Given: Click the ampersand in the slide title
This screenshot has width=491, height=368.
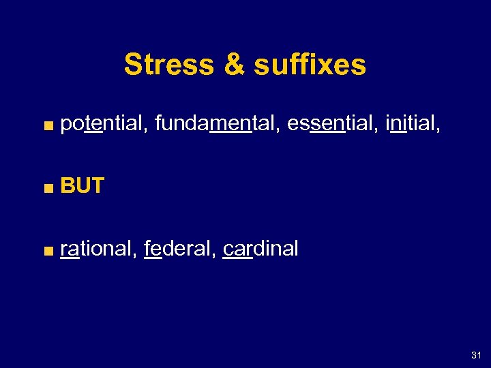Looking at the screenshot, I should [233, 65].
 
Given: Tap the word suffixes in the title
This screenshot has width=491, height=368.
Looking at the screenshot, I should [310, 65].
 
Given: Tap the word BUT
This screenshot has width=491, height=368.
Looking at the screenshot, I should [82, 185].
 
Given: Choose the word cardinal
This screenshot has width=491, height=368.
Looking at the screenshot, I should [261, 249].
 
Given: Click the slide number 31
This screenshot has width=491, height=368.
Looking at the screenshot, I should [475, 356].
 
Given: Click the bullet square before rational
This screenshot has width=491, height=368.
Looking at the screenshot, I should [46, 250].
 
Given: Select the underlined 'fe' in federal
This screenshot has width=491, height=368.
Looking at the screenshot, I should [153, 249].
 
